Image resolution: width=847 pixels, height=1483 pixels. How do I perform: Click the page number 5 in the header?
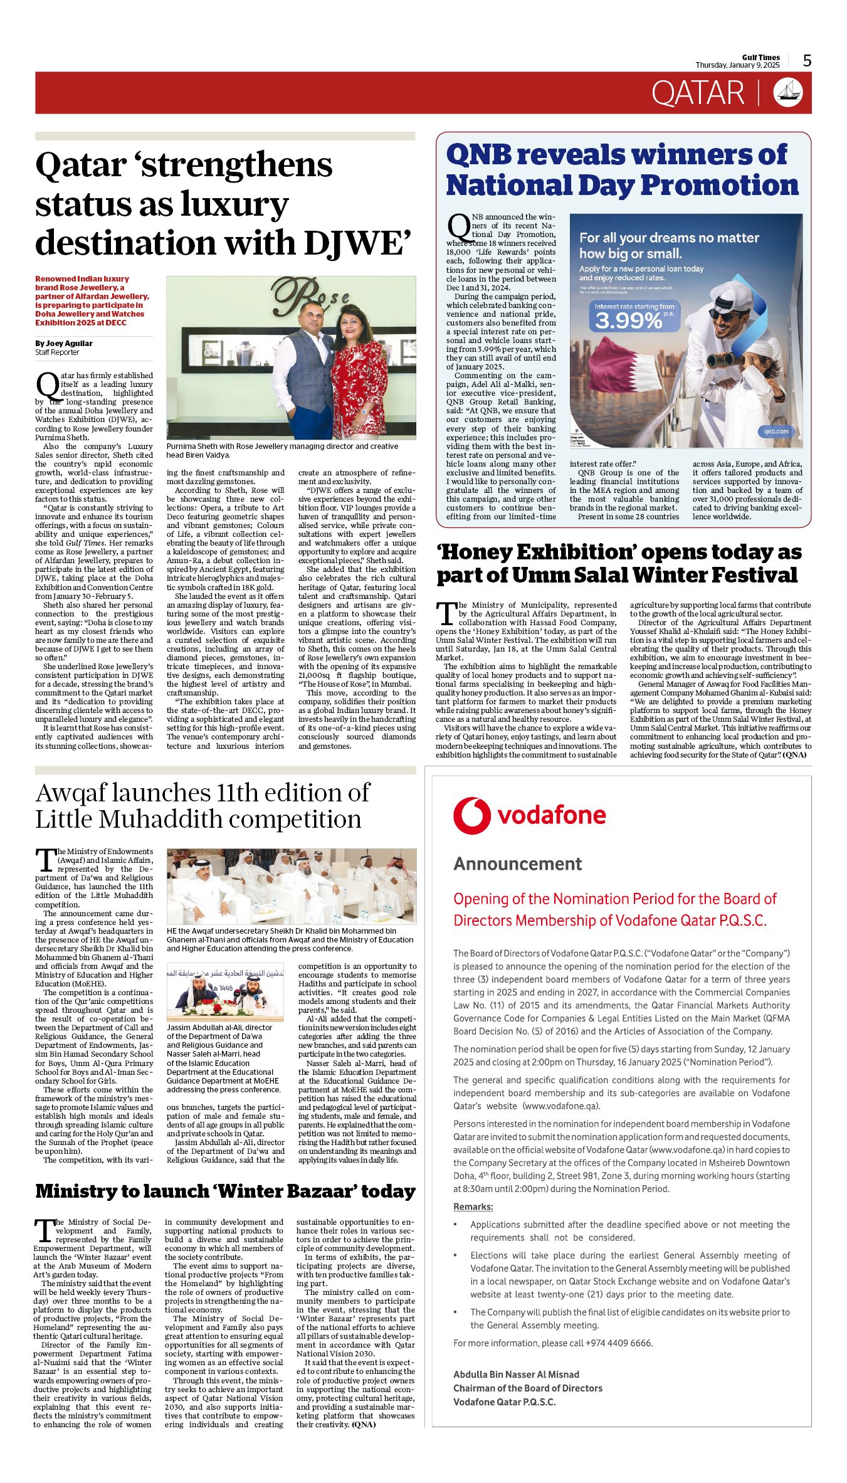[x=807, y=60]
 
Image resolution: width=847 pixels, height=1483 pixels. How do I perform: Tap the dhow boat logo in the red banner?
[x=788, y=93]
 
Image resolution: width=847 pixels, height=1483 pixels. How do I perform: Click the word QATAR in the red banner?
[x=697, y=93]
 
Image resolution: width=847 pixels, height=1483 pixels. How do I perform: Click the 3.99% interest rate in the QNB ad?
[x=629, y=320]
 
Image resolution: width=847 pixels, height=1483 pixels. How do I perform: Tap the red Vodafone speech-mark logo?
[x=471, y=815]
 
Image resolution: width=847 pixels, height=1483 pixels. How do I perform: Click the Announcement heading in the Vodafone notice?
[x=517, y=863]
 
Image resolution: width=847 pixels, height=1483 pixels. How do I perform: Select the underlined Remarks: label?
[x=473, y=1206]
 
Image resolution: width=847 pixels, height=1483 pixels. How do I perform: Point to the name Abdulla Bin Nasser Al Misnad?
[x=516, y=1374]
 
